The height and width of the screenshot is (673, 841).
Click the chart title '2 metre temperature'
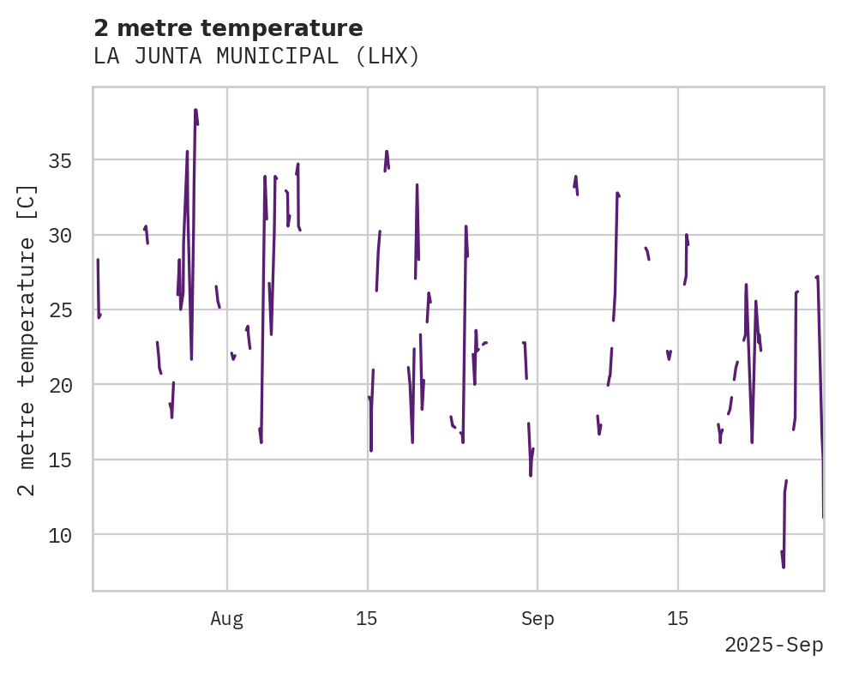pyautogui.click(x=228, y=28)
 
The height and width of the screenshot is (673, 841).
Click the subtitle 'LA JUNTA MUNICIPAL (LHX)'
pyautogui.click(x=256, y=57)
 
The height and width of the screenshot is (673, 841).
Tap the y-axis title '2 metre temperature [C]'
pyautogui.click(x=27, y=340)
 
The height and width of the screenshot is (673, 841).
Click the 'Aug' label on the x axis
pyautogui.click(x=227, y=619)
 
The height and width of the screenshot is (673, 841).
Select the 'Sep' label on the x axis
pyautogui.click(x=538, y=619)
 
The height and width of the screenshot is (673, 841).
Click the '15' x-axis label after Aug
pyautogui.click(x=367, y=619)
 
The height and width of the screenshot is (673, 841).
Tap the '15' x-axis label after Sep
pyautogui.click(x=678, y=619)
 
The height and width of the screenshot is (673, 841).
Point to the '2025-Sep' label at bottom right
pyautogui.click(x=773, y=646)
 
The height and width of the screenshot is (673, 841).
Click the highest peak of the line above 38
pyautogui.click(x=195, y=110)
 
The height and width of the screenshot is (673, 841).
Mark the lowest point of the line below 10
pyautogui.click(x=784, y=567)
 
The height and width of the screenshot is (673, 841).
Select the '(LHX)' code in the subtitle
pyautogui.click(x=388, y=57)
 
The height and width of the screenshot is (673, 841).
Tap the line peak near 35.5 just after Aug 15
pyautogui.click(x=387, y=151)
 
